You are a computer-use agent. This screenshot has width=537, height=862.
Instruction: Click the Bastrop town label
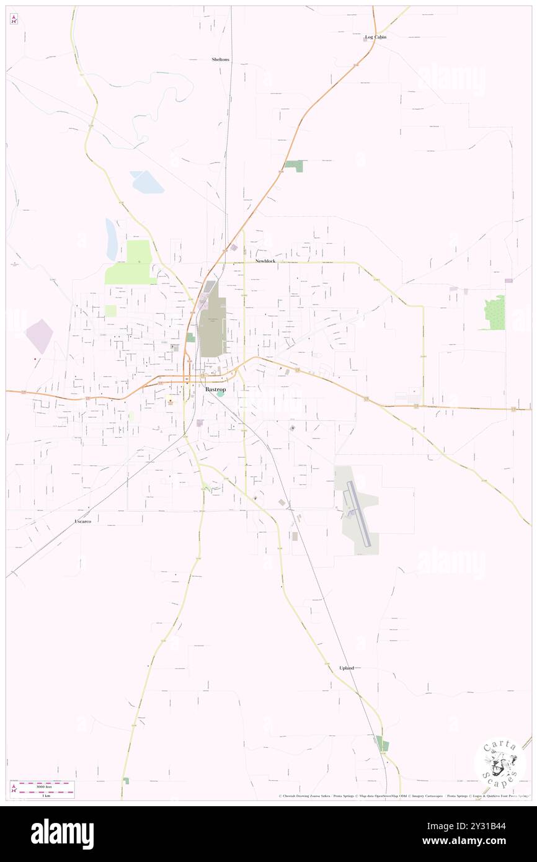(215, 389)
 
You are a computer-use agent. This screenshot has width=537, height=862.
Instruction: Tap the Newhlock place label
(265, 261)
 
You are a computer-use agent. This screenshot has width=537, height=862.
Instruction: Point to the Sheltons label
(220, 60)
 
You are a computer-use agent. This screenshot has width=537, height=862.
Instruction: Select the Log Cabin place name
(375, 37)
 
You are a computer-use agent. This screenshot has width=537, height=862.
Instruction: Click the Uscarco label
(82, 522)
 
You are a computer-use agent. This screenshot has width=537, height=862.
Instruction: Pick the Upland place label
(347, 668)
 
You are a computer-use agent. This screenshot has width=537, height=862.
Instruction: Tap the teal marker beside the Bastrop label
(220, 393)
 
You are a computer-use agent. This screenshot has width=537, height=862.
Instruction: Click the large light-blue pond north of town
(147, 182)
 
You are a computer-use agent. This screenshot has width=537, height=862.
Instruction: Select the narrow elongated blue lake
(112, 239)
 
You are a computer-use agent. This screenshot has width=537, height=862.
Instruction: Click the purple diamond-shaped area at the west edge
(38, 336)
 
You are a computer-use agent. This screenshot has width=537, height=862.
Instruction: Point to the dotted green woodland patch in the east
(495, 313)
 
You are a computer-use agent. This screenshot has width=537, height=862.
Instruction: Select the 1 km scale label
(42, 794)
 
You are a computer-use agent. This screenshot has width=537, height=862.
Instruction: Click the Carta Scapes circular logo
(500, 766)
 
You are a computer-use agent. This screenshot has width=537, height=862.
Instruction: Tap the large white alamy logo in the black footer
(62, 834)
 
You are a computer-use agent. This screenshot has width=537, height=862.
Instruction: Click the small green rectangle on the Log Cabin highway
(295, 166)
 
